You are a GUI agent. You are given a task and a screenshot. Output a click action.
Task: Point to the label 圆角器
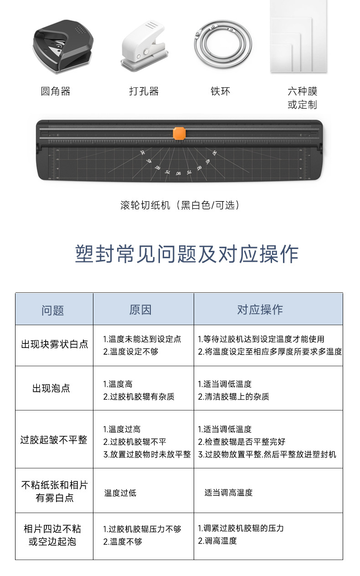[x=56, y=92]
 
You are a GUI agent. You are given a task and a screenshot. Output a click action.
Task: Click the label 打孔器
[x=144, y=92]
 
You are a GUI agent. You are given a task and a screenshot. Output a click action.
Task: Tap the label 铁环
[x=220, y=92]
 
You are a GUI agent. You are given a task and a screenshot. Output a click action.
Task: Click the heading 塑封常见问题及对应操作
[x=187, y=254]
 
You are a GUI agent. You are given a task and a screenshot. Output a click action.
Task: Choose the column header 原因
[x=140, y=310]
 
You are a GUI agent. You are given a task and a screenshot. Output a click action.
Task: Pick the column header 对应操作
[x=260, y=310]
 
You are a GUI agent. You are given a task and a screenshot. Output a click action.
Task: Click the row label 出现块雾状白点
[x=55, y=344]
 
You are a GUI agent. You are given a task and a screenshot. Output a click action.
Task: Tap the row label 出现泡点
[x=51, y=389]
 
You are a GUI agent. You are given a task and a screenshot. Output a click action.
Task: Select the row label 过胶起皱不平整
[x=54, y=440]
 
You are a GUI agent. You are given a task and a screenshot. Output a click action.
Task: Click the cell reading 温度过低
[x=120, y=493]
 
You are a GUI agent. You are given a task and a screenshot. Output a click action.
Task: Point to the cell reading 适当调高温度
[x=228, y=493]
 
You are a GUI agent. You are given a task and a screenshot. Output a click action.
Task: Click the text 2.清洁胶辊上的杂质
[x=233, y=397]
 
